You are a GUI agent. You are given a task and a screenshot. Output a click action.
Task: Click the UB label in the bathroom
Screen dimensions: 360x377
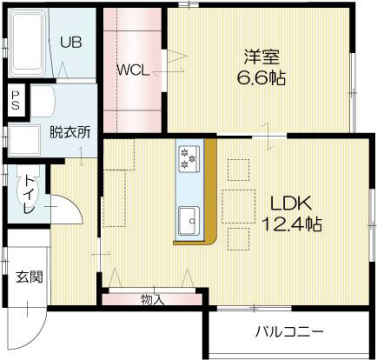(69, 42)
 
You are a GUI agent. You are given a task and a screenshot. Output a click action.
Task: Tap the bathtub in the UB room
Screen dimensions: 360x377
(24, 42)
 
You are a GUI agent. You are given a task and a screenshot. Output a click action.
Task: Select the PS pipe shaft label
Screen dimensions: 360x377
(15, 99)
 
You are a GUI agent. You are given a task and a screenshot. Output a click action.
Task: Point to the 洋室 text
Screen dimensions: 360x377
(262, 57)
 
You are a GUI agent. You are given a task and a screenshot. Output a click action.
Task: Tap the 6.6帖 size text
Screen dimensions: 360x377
(262, 78)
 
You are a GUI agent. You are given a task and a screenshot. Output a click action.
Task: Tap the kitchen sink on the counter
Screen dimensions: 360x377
(188, 217)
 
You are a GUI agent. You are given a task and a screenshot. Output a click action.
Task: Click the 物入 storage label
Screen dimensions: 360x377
(152, 299)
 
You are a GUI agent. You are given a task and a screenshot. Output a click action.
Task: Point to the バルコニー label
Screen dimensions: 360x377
(288, 330)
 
